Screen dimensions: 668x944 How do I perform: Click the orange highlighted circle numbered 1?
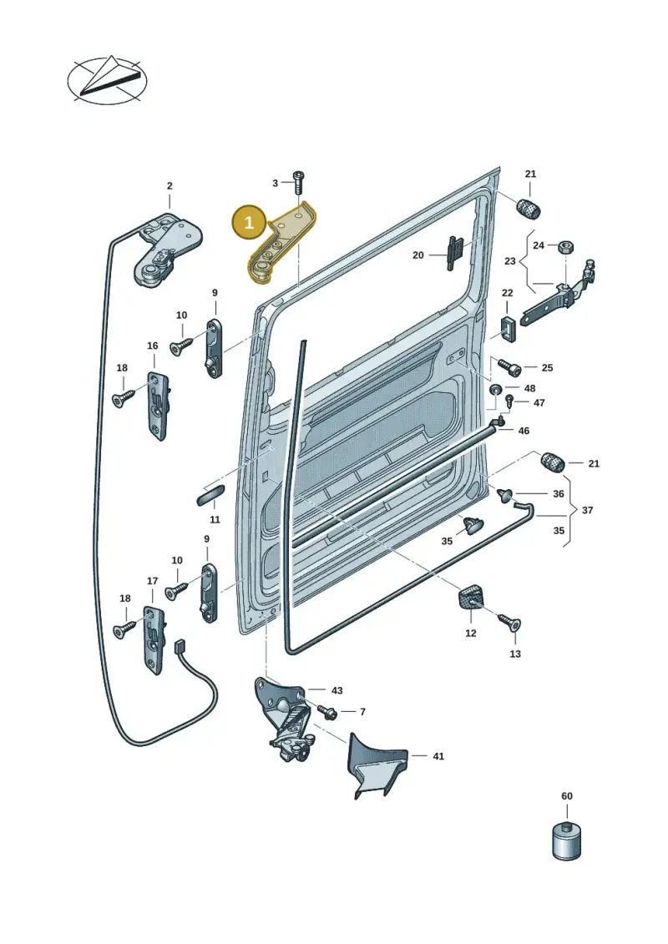click(248, 223)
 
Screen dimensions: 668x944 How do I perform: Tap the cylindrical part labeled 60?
click(566, 839)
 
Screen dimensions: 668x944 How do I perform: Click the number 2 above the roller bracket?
click(170, 186)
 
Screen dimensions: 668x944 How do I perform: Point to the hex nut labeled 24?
click(566, 246)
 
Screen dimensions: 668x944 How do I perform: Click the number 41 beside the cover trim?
click(438, 756)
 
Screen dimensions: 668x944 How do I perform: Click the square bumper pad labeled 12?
click(468, 599)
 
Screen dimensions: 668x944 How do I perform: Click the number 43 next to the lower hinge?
click(337, 690)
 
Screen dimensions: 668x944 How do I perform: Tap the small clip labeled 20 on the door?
click(455, 253)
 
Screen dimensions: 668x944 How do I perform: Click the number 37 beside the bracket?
click(587, 511)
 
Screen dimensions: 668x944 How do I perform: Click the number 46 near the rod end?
click(524, 431)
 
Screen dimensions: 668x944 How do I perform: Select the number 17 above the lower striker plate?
click(153, 581)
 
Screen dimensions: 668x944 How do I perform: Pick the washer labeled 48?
click(496, 389)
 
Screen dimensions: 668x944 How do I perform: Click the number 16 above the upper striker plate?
click(153, 346)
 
